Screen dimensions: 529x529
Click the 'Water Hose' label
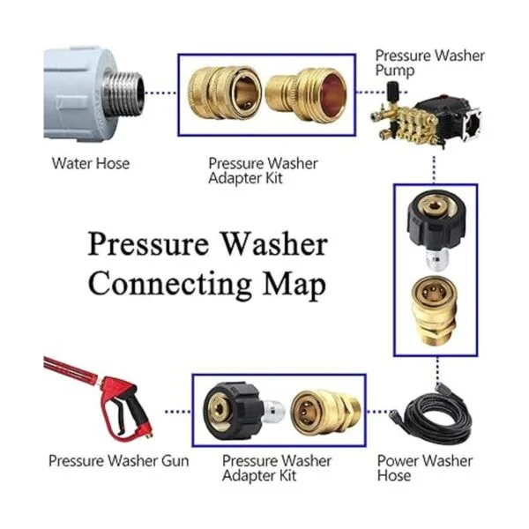pos(91,164)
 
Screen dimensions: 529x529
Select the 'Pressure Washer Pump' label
pos(430,63)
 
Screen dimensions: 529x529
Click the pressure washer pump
pos(426,115)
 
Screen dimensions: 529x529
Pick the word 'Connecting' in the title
pos(169,284)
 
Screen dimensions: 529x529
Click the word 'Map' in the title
pos(294,286)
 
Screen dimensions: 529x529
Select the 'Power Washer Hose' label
pos(425,468)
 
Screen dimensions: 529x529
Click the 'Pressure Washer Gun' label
pos(119,461)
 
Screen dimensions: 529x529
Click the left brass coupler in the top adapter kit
pos(224,93)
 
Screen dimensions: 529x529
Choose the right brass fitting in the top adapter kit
pos(305,94)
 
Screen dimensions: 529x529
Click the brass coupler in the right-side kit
pos(435,311)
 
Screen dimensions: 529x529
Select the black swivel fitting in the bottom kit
pos(234,411)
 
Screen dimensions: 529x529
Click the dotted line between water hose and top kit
pos(160,93)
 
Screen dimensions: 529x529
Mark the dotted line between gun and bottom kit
pos(178,412)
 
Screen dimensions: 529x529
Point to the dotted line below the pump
pos(434,169)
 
